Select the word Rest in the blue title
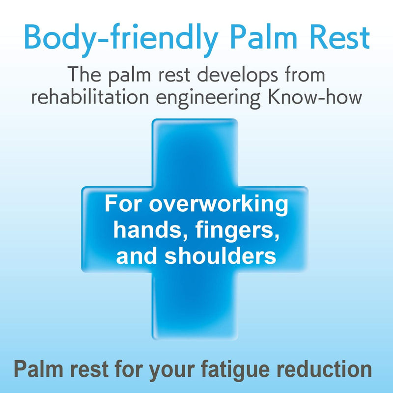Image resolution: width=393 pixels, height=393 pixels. point(340,37)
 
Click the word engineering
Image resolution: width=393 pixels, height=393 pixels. point(208,99)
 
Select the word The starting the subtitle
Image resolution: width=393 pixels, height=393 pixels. point(84,74)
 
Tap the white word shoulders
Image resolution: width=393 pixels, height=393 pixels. point(220,255)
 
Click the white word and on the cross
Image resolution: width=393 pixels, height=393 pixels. point(137,255)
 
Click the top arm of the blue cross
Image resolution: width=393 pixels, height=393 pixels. point(195,152)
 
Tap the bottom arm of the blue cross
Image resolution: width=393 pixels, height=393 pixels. point(195,306)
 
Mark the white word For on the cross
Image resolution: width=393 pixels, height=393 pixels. point(123,203)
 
